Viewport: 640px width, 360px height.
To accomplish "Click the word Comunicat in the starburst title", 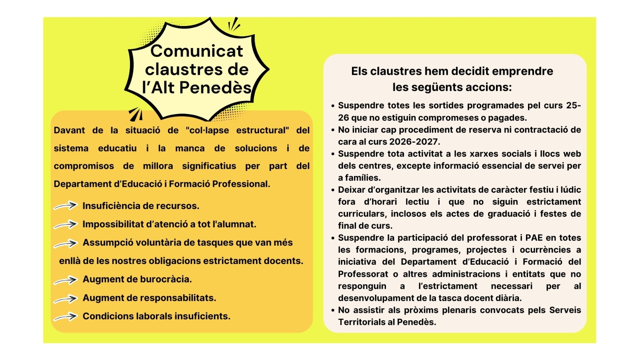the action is click(x=196, y=51).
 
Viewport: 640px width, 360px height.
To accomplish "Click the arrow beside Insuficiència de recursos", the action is click(x=66, y=206).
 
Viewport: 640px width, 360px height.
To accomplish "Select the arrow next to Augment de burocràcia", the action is click(x=66, y=280).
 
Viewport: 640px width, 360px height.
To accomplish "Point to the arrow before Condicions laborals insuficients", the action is click(x=66, y=317).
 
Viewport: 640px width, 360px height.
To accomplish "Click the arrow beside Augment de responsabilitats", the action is click(x=66, y=298).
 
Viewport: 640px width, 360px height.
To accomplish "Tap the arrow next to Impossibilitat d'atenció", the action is click(x=66, y=224).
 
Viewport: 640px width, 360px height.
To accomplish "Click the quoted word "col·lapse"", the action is click(x=207, y=130).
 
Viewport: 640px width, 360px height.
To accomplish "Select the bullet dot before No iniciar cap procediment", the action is click(x=333, y=130).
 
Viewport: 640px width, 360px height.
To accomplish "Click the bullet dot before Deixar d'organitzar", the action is click(x=333, y=190).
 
